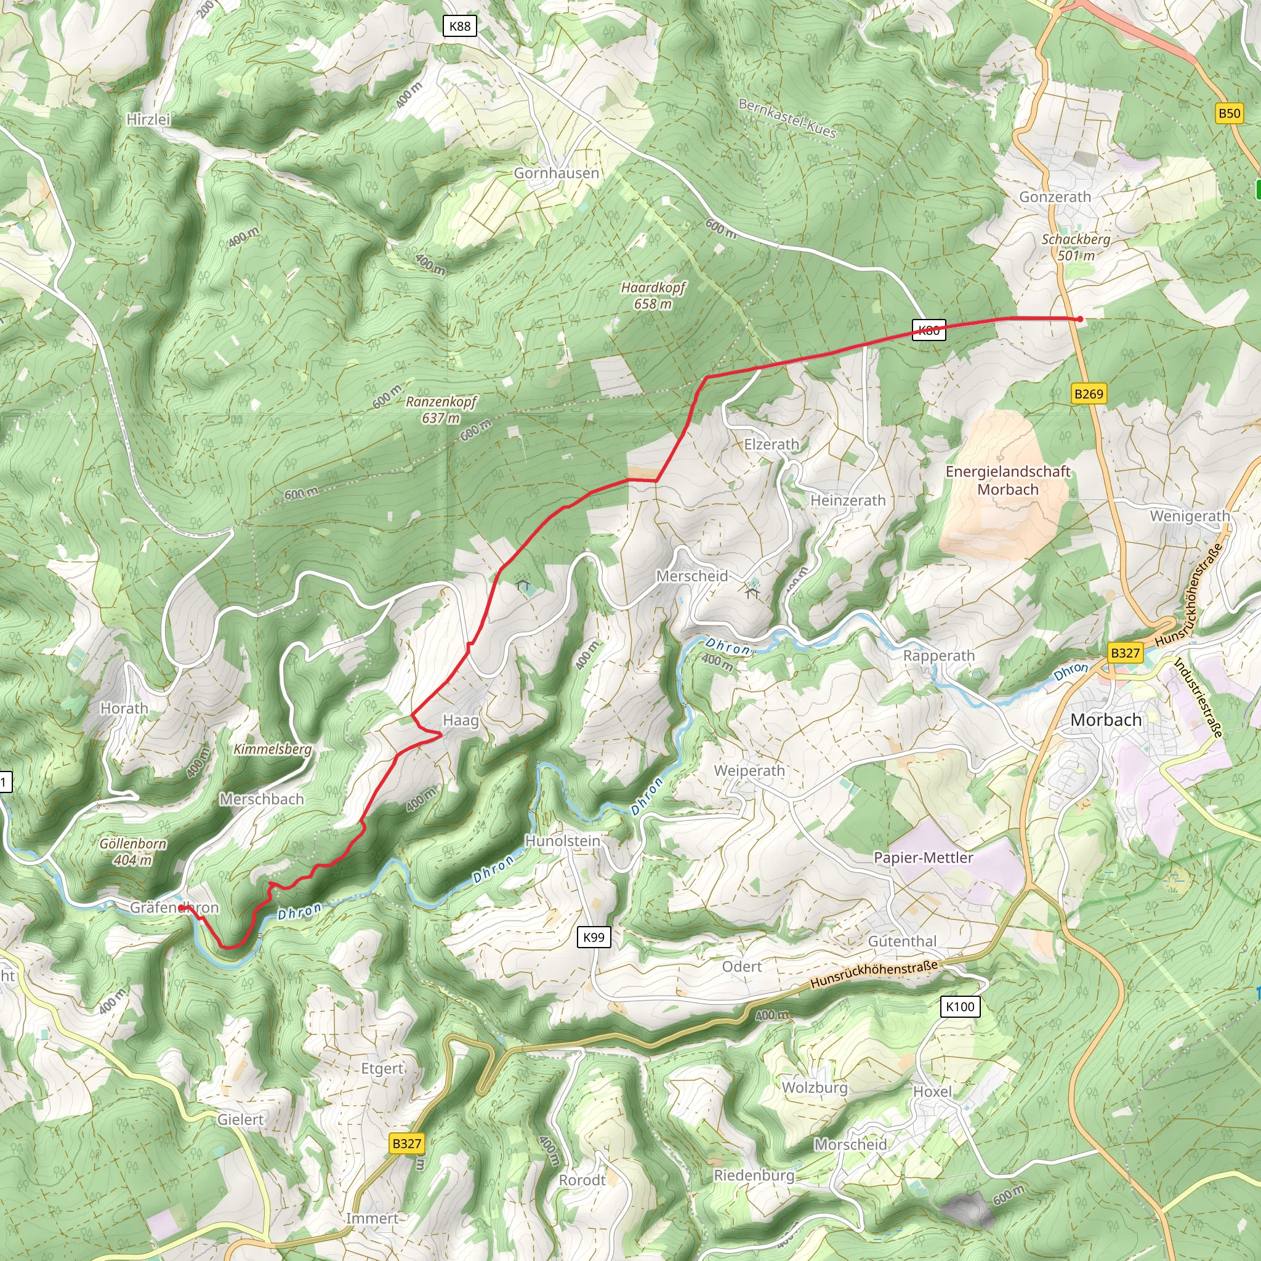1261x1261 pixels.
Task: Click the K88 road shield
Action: click(x=459, y=26)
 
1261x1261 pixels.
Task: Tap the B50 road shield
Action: click(x=1229, y=113)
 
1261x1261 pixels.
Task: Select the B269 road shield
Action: click(x=1089, y=393)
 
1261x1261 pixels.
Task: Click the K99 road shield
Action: click(x=594, y=937)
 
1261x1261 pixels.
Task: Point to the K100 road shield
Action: click(x=960, y=1007)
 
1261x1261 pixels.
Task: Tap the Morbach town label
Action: click(x=1106, y=720)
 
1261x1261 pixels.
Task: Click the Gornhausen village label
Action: click(x=556, y=173)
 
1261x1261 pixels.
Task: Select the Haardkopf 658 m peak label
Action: click(x=653, y=296)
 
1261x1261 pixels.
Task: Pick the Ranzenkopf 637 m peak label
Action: click(x=441, y=409)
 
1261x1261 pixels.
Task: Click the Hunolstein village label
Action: click(x=562, y=840)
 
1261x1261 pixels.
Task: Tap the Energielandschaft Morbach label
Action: click(x=1008, y=480)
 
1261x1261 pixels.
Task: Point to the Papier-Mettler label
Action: click(x=923, y=858)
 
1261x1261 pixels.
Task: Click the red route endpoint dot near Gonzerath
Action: click(x=1080, y=319)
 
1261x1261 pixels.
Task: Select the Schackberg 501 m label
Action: click(x=1076, y=248)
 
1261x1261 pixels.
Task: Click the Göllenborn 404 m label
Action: click(x=133, y=852)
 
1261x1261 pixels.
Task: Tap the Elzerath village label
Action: click(x=772, y=445)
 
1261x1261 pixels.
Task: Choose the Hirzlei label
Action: click(x=148, y=119)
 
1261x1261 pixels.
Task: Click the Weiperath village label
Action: click(x=749, y=770)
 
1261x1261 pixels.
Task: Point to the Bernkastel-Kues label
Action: click(x=787, y=118)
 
